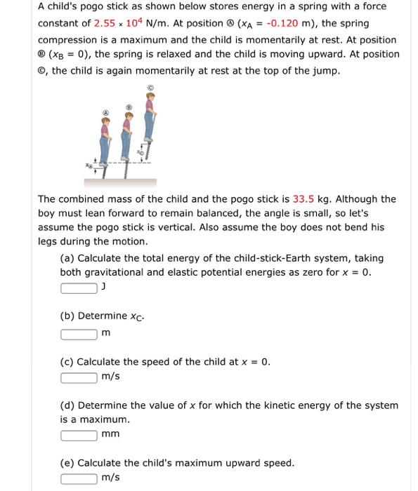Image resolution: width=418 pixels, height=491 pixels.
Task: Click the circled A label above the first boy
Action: tap(106, 112)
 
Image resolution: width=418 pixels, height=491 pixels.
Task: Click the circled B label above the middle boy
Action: tap(127, 107)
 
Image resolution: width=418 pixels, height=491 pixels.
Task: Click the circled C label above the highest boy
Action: tap(150, 88)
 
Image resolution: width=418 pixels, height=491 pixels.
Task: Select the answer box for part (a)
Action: tap(79, 288)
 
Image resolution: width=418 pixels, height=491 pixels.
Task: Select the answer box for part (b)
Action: tap(79, 333)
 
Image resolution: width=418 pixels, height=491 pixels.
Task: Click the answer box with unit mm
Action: tap(79, 434)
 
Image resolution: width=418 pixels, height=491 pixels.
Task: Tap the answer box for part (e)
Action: tap(79, 478)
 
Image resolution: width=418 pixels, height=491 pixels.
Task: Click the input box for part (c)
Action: tap(79, 378)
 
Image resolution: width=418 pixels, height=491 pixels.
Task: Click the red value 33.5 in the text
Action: tap(303, 199)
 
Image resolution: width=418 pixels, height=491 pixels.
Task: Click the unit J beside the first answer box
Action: tap(104, 286)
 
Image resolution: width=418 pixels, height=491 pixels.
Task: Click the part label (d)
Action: tap(67, 405)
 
